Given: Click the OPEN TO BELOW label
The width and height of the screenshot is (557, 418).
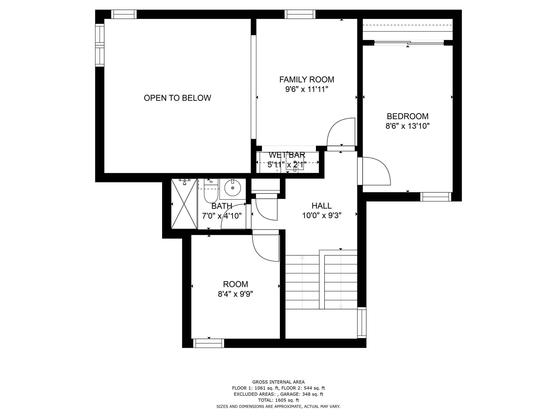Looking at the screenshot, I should (x=177, y=98).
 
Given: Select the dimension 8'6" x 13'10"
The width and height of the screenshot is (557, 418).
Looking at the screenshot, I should (x=407, y=126).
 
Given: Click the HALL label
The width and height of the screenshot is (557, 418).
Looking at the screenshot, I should (x=321, y=206).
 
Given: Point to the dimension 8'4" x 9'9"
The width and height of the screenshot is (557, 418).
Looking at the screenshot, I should (x=235, y=294).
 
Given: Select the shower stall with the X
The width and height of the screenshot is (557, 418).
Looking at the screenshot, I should (x=184, y=204).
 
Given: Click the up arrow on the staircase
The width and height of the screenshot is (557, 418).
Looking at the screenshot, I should (x=302, y=257).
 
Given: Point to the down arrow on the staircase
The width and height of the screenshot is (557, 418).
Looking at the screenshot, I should (x=341, y=307).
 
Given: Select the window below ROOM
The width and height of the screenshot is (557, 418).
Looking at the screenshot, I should (x=209, y=343).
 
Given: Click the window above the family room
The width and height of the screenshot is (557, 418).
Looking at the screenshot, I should (x=300, y=14).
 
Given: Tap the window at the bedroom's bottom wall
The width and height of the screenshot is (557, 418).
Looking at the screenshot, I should (x=435, y=197).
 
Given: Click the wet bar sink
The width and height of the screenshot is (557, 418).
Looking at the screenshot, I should (x=295, y=162).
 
